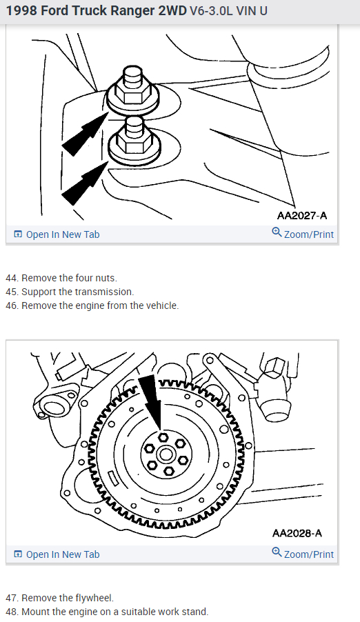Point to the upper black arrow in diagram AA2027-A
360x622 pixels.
[85, 133]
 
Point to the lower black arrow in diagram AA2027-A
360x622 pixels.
[85, 183]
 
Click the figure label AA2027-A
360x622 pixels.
[302, 215]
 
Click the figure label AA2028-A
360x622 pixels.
[297, 533]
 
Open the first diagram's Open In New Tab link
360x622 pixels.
[57, 234]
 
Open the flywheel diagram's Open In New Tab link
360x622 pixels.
[57, 554]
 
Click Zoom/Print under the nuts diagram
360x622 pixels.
[303, 234]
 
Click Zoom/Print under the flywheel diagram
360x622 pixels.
[303, 554]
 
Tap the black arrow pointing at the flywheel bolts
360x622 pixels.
[151, 402]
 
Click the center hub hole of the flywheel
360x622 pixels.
[164, 454]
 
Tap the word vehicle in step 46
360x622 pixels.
[161, 305]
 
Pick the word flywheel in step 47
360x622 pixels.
[95, 597]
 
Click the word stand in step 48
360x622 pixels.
[195, 611]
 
